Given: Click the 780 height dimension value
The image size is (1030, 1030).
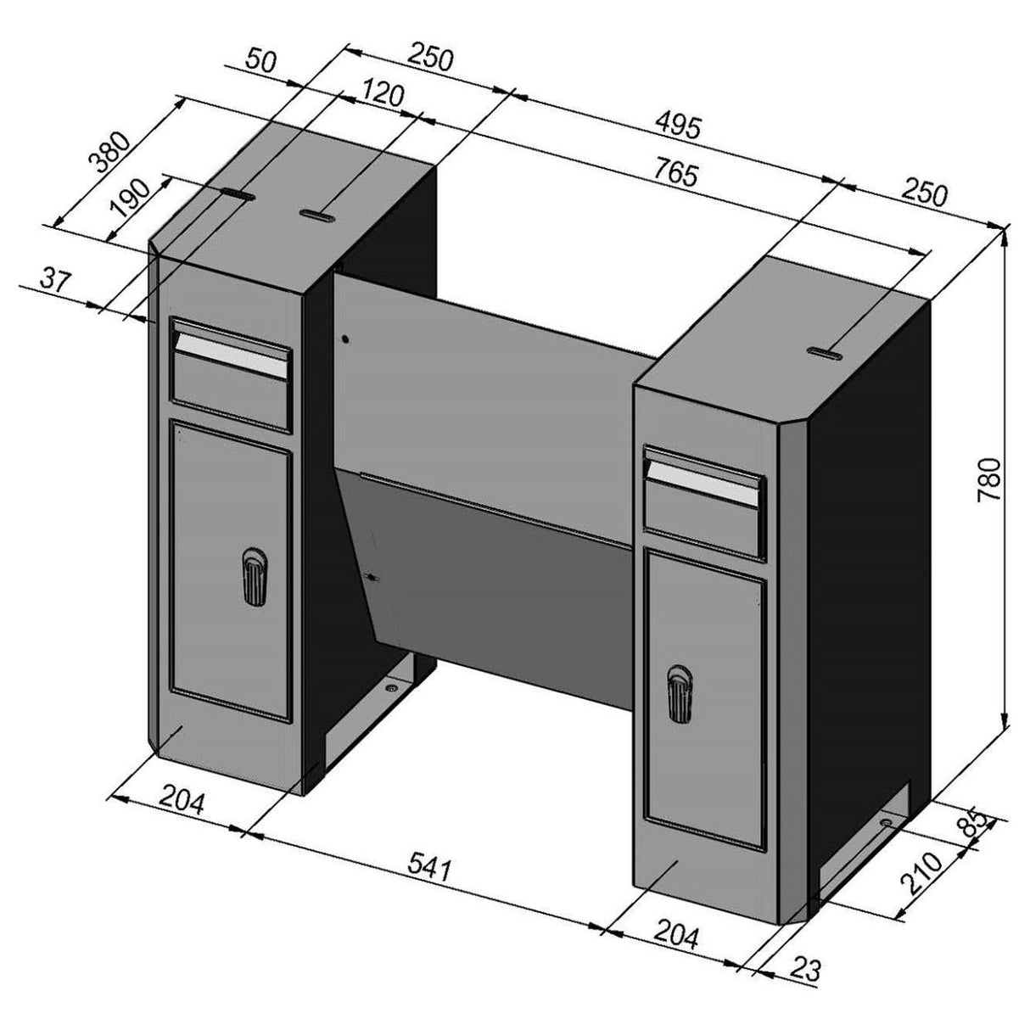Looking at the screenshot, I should pyautogui.click(x=990, y=481).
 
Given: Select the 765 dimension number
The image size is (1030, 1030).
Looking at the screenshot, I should pyautogui.click(x=676, y=176).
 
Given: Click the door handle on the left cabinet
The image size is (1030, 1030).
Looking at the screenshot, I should pyautogui.click(x=253, y=577).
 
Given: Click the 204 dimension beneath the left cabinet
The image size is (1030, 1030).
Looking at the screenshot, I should pyautogui.click(x=182, y=801).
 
